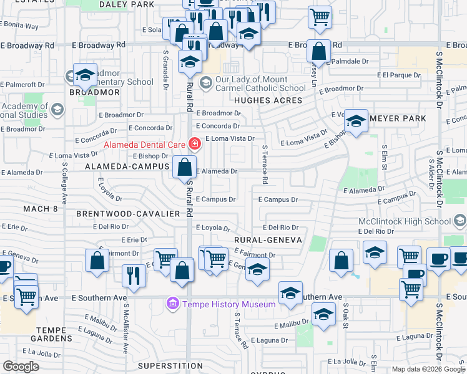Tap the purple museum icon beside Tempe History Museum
[x=172, y=304]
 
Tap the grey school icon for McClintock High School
[x=460, y=221]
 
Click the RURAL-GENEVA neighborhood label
[x=268, y=240]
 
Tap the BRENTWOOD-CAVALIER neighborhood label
[x=128, y=213]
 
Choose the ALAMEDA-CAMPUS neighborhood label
[x=128, y=167]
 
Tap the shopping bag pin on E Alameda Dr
[x=185, y=167]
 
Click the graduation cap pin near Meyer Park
[x=356, y=122]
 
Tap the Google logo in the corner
[x=21, y=366]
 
